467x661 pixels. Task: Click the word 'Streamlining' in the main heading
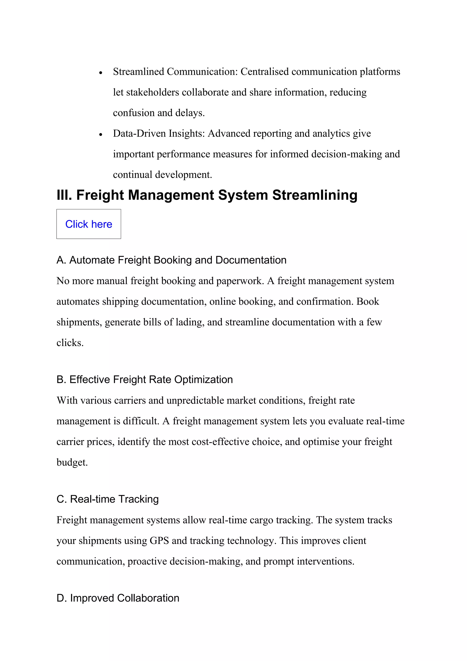coord(315,195)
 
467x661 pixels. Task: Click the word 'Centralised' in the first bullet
coord(264,71)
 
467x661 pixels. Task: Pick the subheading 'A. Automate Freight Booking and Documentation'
coord(171,260)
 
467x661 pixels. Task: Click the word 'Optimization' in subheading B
coord(203,379)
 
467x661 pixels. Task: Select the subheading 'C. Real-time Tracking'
coord(108,499)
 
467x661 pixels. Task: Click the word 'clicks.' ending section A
coord(70,343)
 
